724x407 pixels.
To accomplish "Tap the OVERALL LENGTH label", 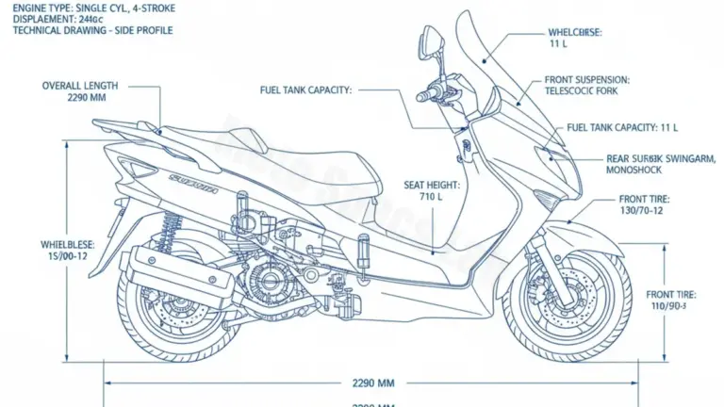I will point(80,86).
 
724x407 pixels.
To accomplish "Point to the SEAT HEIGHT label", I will point(431,186).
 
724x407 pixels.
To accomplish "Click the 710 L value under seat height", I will point(431,198).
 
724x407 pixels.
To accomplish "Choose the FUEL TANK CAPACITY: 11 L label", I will point(621,127).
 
